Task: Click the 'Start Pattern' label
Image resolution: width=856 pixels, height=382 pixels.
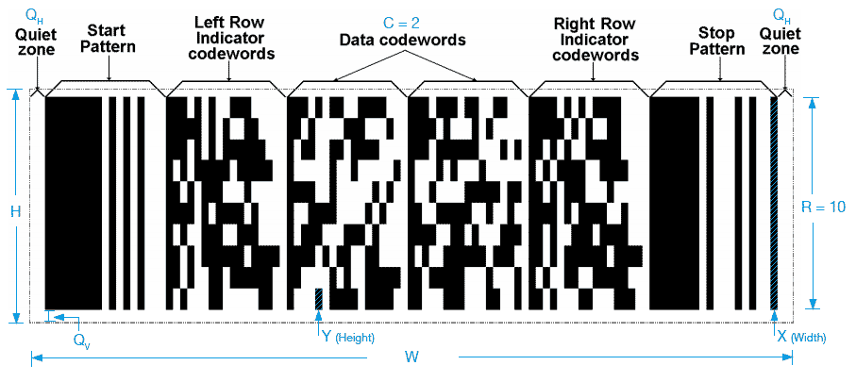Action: [x=109, y=38]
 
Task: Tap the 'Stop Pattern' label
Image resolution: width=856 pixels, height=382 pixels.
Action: [x=718, y=38]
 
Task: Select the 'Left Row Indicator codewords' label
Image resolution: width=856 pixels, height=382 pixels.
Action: [x=234, y=38]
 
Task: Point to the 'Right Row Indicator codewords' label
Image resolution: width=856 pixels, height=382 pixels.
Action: [x=596, y=38]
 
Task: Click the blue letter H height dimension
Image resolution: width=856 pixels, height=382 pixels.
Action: [x=15, y=211]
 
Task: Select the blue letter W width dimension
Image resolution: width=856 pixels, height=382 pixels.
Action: [x=412, y=357]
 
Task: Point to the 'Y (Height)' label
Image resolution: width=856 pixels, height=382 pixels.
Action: [x=348, y=338]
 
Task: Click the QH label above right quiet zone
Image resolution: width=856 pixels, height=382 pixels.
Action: [x=781, y=14]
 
